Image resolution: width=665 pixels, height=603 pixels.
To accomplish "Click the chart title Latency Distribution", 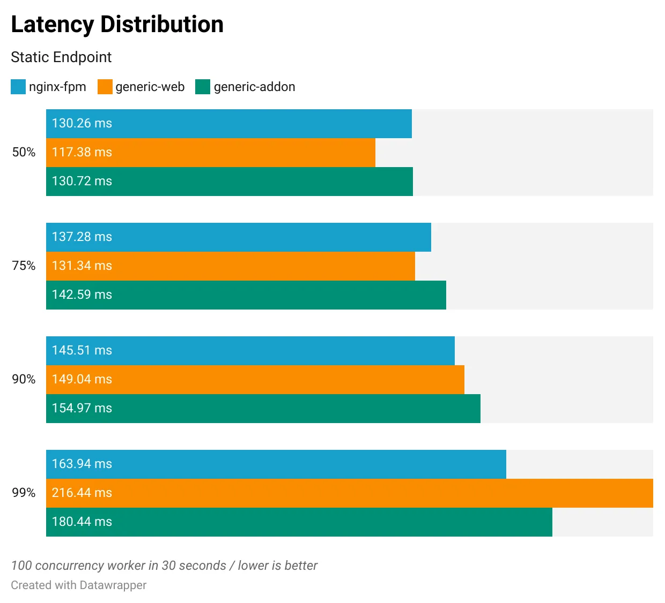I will [117, 25].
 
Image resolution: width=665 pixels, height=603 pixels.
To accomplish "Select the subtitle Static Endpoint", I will [61, 57].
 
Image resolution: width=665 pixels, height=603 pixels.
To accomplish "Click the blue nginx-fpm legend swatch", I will [18, 87].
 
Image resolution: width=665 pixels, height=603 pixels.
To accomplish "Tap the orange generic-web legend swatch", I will [105, 87].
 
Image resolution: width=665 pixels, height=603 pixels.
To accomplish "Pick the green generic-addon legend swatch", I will [203, 87].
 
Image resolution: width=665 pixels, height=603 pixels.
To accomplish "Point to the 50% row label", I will [24, 152].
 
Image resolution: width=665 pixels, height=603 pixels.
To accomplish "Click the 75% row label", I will [24, 266].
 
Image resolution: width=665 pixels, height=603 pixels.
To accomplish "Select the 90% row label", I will [24, 379].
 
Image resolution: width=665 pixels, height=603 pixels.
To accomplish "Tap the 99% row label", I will [24, 493].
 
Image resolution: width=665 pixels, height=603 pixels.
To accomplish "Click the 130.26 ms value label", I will [82, 123].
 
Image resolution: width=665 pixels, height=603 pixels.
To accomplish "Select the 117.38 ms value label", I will [82, 152].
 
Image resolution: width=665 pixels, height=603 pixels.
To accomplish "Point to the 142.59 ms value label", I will [82, 295].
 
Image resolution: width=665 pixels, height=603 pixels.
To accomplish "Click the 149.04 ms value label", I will [82, 379].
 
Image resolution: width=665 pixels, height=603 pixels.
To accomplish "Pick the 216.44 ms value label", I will [82, 493].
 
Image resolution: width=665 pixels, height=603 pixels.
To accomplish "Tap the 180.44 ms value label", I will [82, 522].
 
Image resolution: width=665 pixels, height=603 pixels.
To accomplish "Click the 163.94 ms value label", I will [82, 464].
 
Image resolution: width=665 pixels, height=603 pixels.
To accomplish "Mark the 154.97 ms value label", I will [82, 408].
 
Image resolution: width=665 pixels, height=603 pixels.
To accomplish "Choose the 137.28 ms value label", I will [82, 237].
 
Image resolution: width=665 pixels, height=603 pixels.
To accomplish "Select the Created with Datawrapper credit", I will [78, 585].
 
